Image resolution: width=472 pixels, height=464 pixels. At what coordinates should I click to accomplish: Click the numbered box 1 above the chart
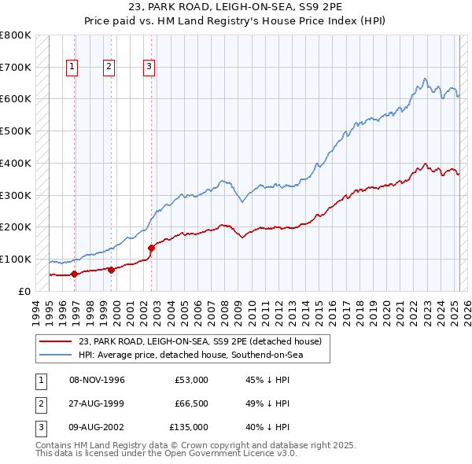tap(72, 68)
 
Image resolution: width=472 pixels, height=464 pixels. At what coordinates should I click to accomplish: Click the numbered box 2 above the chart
tap(109, 68)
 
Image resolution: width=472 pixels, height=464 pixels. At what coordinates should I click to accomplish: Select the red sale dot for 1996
tap(74, 274)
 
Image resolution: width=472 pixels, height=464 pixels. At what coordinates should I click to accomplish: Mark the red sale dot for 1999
tap(111, 270)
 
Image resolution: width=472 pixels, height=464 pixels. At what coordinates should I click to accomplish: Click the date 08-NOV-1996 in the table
tap(97, 380)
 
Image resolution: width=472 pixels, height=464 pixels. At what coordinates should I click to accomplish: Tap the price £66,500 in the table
tap(191, 403)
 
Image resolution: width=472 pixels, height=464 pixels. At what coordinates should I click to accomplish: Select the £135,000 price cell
tap(189, 427)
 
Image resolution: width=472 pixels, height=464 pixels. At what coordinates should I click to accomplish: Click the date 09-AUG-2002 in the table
tap(97, 427)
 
